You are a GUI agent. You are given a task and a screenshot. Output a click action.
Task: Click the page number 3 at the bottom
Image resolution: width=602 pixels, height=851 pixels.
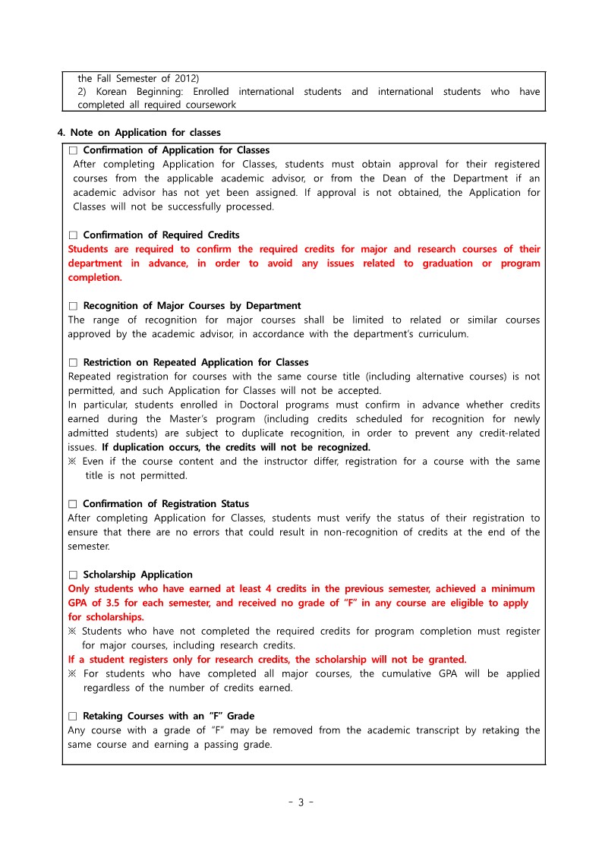300,802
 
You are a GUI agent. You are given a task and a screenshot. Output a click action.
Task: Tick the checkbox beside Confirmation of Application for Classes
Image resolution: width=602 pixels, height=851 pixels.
74,150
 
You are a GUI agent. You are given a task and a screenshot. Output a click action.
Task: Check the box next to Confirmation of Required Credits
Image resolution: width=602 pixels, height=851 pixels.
74,235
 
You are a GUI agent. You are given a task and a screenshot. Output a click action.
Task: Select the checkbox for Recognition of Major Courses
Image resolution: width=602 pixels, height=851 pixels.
74,306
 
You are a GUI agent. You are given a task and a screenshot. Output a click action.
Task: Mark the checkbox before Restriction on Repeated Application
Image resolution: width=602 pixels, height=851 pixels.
74,362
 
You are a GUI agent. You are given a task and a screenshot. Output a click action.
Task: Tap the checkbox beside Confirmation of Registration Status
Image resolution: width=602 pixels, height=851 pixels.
74,504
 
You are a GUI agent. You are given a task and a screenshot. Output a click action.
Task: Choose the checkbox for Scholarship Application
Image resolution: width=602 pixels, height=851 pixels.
74,575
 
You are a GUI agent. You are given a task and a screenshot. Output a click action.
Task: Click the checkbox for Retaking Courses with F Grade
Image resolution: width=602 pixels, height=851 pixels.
74,716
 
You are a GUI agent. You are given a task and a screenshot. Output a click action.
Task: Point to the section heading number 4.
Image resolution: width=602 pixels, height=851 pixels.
61,133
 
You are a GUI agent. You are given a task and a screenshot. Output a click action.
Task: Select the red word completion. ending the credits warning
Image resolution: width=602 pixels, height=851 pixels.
95,278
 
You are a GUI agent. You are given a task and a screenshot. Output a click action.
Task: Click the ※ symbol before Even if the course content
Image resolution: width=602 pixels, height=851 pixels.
72,462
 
